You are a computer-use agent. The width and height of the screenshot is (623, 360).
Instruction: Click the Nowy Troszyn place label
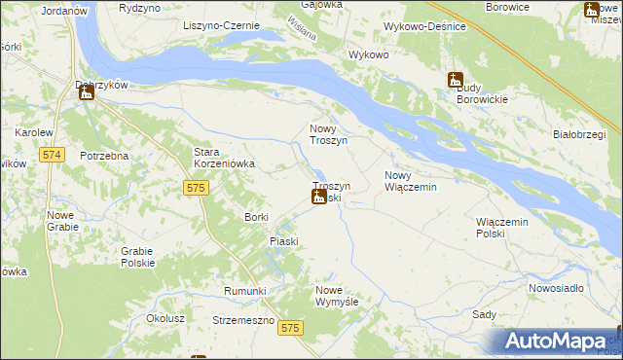[328, 134]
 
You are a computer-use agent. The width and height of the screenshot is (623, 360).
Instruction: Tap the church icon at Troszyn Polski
[318, 198]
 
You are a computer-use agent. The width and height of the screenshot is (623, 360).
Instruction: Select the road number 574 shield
[53, 155]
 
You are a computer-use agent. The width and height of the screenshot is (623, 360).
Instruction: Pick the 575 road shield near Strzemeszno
[289, 330]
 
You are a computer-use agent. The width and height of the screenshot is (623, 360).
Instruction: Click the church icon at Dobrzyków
[85, 93]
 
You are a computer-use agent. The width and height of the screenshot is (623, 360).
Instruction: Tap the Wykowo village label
[369, 54]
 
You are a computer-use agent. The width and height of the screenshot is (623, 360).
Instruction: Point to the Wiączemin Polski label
[501, 228]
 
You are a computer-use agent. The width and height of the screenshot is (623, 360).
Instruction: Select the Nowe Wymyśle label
[338, 296]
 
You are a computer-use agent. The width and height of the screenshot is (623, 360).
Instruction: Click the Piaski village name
[283, 240]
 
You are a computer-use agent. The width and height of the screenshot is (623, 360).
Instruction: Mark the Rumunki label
[244, 291]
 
